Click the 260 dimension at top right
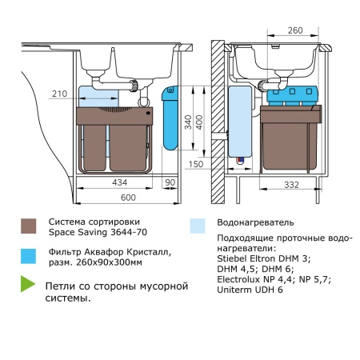tap(294, 30)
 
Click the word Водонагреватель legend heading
tap(254, 222)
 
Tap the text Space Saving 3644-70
tap(98, 233)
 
